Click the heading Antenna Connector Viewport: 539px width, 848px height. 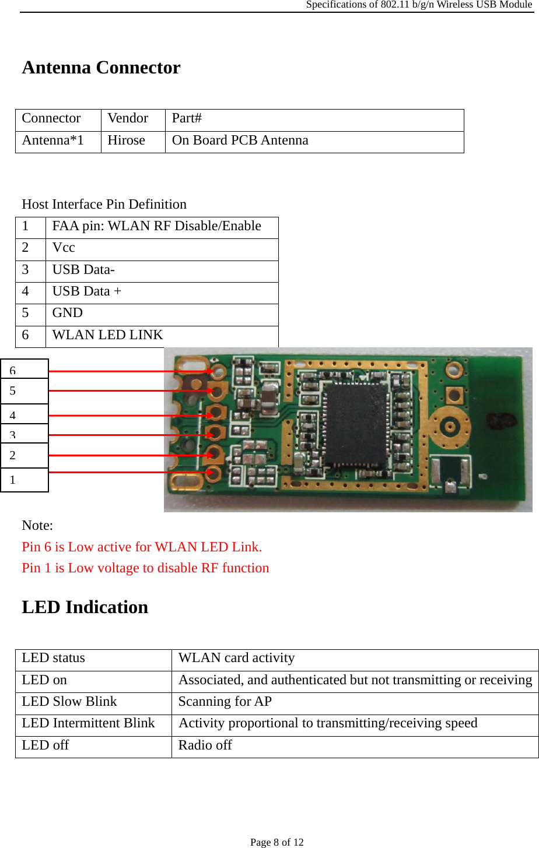pos(101,68)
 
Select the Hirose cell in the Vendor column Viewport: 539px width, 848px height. pos(126,140)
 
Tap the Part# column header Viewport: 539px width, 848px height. pos(187,118)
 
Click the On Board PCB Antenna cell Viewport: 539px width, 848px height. pos(240,140)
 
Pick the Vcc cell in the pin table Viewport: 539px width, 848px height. pos(64,248)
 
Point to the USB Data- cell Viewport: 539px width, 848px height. pos(83,270)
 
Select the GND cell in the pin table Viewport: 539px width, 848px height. pos(68,313)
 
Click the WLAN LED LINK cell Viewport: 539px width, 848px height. pos(107,335)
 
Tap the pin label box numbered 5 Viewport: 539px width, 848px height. pos(24,391)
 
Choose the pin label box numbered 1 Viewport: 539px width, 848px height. pos(24,480)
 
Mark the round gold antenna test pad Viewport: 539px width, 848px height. pos(450,425)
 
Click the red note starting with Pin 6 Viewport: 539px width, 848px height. pos(142,547)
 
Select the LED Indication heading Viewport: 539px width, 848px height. pos(85,607)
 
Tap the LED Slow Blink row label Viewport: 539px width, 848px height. pos(69,702)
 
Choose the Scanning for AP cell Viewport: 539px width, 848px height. pos(225,702)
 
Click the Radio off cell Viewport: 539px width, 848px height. pos(205,745)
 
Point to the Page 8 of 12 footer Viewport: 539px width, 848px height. pos(277,842)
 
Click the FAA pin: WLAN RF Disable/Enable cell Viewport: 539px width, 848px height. pos(156,226)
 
